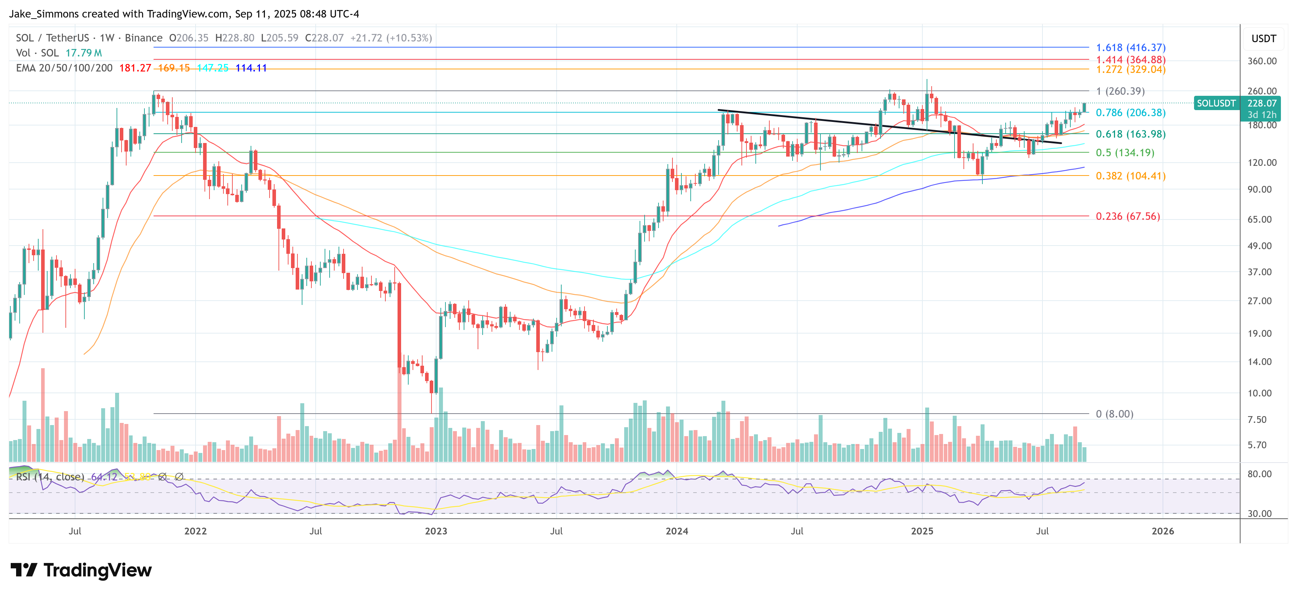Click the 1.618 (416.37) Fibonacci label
(x=1130, y=47)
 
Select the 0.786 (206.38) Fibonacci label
(x=1130, y=113)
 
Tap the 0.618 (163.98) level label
(x=1130, y=134)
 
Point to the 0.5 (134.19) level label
(x=1125, y=153)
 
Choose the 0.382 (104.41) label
(x=1130, y=176)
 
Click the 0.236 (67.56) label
(x=1128, y=216)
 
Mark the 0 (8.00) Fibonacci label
(x=1114, y=414)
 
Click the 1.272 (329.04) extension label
(x=1130, y=69)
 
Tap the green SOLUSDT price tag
(x=1215, y=103)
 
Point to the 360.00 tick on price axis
(x=1262, y=61)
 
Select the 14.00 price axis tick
(x=1259, y=361)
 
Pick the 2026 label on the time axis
(x=1163, y=531)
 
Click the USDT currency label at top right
(x=1263, y=39)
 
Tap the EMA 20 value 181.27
(x=135, y=68)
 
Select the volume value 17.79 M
(x=84, y=53)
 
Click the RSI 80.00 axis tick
(x=1259, y=474)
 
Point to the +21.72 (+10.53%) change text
(x=391, y=38)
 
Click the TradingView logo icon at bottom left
(x=24, y=570)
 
